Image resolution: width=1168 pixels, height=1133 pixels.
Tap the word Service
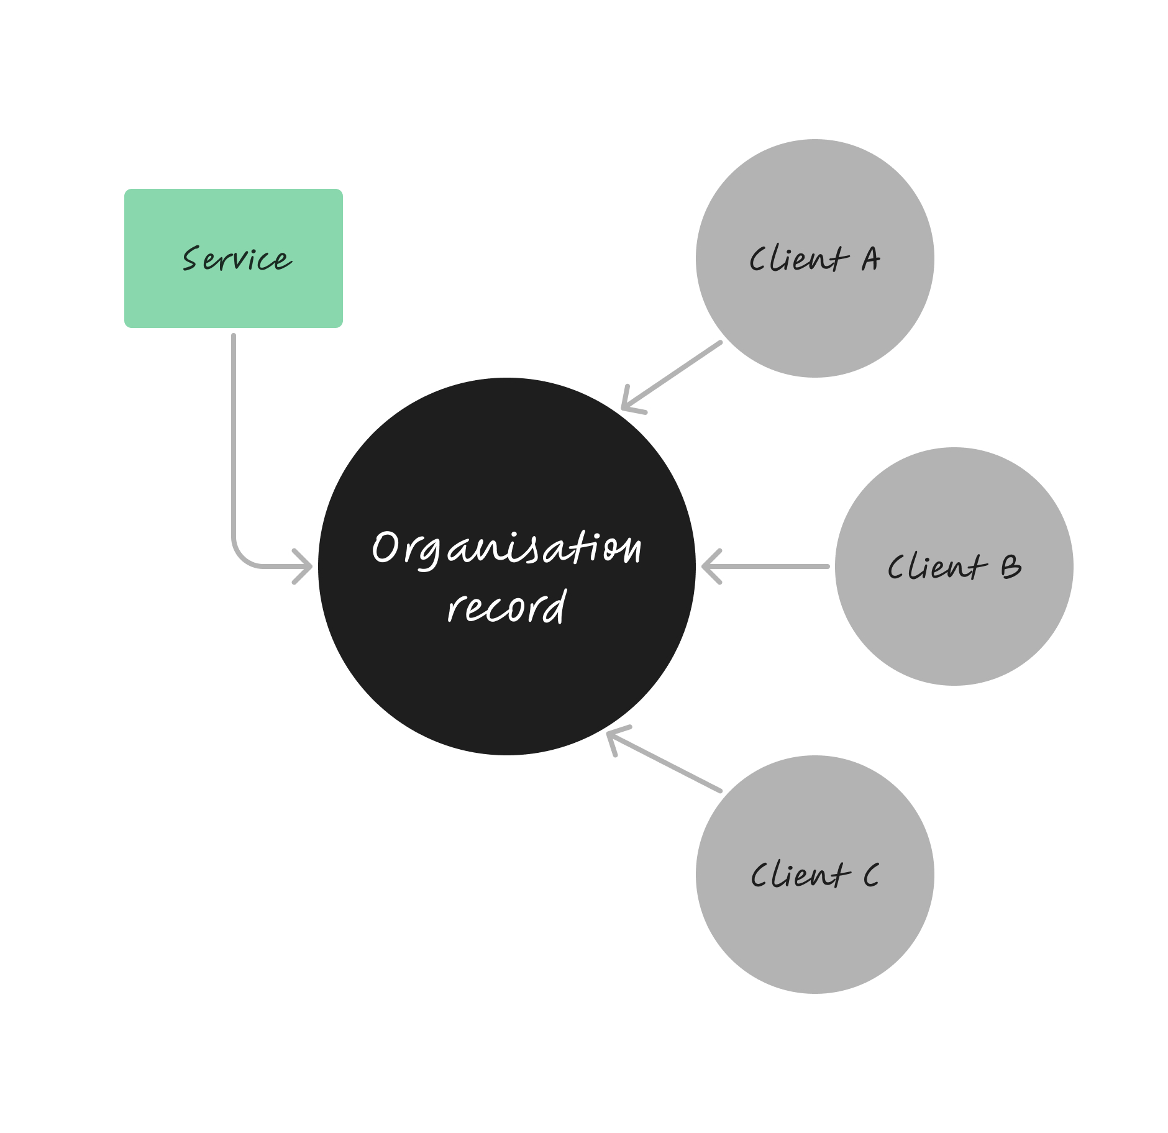pos(236,259)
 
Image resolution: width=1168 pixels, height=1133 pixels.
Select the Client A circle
pos(814,311)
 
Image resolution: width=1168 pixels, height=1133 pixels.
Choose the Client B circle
pos(954,621)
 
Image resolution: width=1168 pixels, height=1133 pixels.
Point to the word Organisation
pos(506,548)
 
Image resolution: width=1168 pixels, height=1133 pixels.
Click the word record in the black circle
pos(506,606)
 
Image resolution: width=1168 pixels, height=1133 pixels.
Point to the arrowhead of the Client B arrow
pos(708,566)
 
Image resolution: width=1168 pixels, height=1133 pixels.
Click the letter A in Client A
pos(870,259)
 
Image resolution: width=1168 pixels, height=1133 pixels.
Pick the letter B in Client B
pos(1010,566)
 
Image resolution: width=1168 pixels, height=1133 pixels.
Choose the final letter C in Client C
pos(871,875)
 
